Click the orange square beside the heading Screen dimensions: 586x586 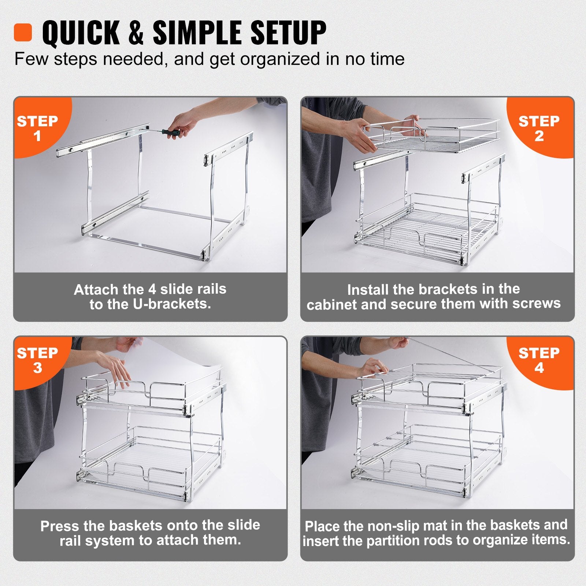[x=23, y=32]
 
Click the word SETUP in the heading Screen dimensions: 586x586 [x=288, y=33]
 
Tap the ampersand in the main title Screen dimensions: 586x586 [x=136, y=33]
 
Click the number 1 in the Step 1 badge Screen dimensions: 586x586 [x=37, y=136]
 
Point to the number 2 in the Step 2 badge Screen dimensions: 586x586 [x=539, y=136]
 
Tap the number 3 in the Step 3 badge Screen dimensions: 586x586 [x=37, y=368]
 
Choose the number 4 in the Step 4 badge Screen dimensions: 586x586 [x=539, y=368]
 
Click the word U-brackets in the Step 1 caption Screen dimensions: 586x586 [x=172, y=304]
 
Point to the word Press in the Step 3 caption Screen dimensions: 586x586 [x=60, y=526]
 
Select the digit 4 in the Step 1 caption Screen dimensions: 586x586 [x=152, y=289]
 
